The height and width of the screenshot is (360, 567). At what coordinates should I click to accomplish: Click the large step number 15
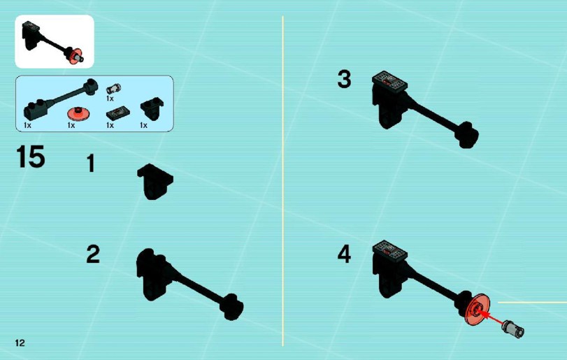[31, 157]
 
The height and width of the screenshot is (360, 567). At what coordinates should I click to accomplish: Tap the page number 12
[20, 343]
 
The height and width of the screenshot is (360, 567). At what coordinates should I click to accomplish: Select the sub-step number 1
[91, 164]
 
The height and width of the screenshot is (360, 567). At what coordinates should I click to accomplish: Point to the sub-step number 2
[93, 254]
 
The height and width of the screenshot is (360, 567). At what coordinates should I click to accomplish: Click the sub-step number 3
[344, 79]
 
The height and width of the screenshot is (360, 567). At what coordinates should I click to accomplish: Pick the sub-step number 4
[344, 254]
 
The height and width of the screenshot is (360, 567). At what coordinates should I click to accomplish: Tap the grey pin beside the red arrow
[513, 329]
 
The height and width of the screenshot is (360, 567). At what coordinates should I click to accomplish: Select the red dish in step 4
[478, 310]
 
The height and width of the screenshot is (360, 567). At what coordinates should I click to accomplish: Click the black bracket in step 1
[155, 182]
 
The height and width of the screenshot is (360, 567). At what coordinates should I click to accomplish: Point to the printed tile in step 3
[390, 82]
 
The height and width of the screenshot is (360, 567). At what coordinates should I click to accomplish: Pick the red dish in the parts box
[78, 113]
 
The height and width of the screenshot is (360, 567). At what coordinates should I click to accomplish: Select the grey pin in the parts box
[113, 88]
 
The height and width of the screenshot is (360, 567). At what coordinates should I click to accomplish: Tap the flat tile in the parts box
[118, 113]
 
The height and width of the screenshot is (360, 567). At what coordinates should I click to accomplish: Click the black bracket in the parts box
[152, 108]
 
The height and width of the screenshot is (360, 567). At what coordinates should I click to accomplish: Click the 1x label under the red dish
[71, 125]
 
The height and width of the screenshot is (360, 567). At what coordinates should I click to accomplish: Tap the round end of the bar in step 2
[232, 307]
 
